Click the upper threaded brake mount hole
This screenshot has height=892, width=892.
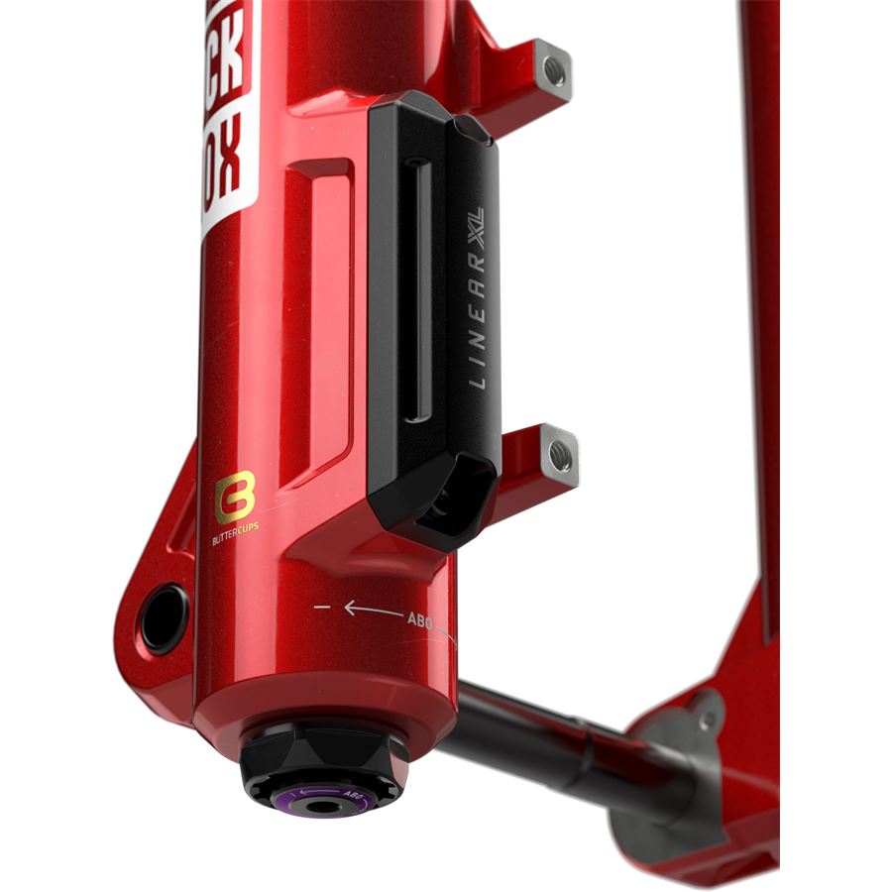point(556,71)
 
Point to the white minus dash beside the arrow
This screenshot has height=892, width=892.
point(321,604)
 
